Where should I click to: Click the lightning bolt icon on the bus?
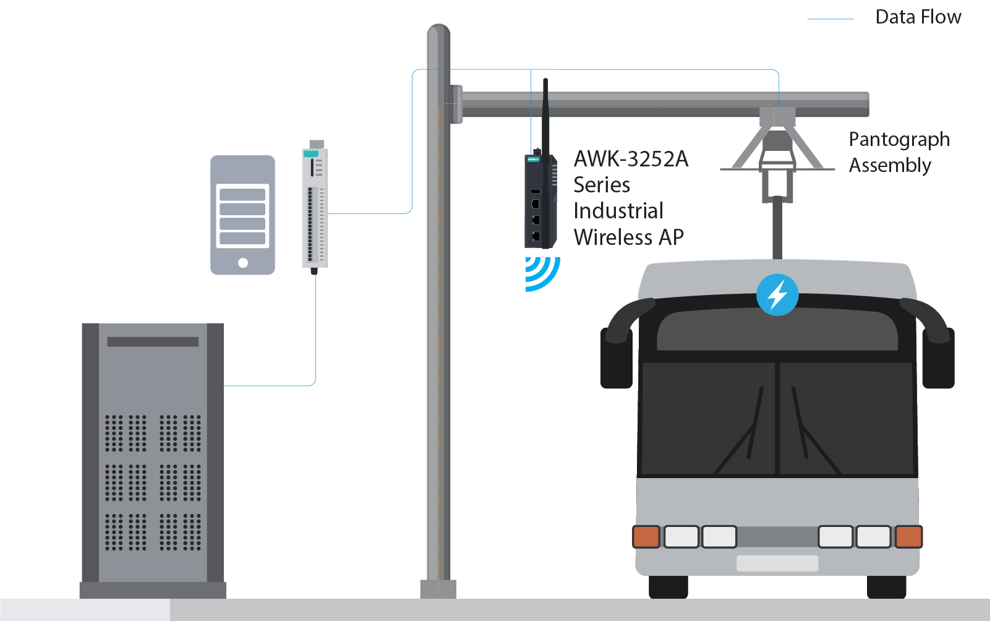(777, 294)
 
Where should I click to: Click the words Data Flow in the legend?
(918, 17)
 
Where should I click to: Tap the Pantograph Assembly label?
(899, 152)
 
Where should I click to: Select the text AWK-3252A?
(631, 159)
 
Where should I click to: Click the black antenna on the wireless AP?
(545, 118)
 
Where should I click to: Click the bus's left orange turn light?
(646, 536)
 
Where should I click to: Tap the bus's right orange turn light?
(908, 536)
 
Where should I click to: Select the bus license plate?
(777, 563)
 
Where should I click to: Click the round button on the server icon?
(243, 263)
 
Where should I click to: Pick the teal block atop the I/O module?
(311, 153)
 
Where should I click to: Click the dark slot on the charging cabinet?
(153, 341)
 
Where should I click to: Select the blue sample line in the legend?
(830, 19)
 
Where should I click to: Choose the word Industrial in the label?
(618, 211)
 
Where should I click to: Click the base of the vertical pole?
(438, 588)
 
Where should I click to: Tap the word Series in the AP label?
(602, 185)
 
